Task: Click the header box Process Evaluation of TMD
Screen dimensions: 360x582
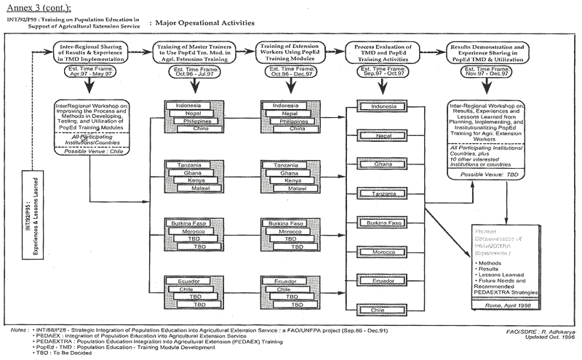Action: click(391, 52)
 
